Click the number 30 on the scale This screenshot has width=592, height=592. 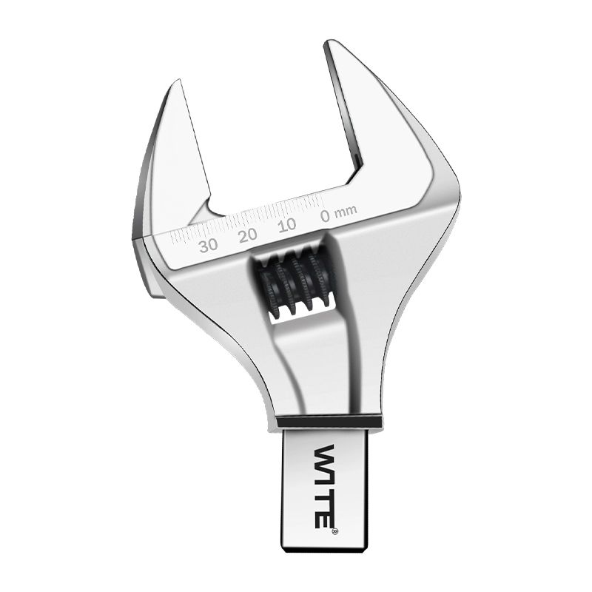point(209,246)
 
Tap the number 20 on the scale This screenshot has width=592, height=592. point(248,235)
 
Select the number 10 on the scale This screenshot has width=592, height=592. point(287,226)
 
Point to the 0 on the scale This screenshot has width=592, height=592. point(325,215)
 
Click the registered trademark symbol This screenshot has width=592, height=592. point(335,531)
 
